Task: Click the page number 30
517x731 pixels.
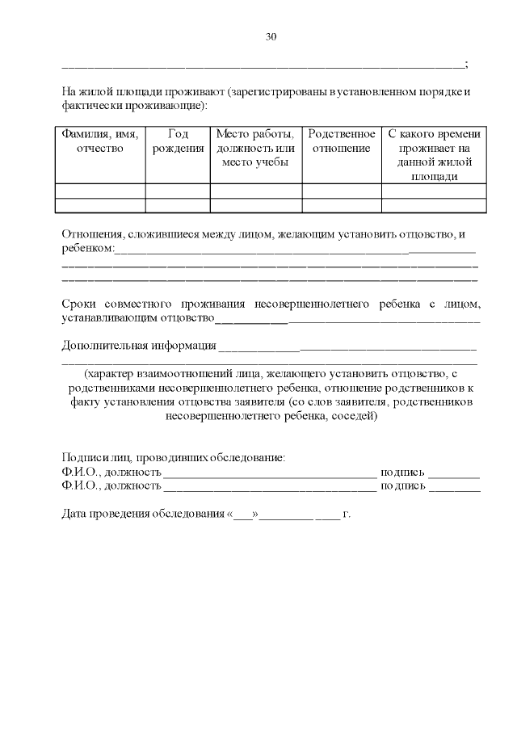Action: tap(271, 36)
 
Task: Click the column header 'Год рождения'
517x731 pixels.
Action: tap(178, 141)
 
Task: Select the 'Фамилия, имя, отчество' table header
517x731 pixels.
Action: tap(100, 141)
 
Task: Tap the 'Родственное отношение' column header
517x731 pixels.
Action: tap(342, 141)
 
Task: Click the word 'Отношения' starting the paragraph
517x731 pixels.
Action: tap(89, 234)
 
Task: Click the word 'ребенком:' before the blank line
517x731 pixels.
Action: tap(88, 247)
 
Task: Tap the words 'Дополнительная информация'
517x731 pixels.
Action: tap(139, 347)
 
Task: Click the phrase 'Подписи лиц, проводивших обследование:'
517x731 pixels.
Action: tap(173, 458)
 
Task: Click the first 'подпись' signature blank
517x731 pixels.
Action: tap(454, 472)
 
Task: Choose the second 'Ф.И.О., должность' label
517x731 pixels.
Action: tap(111, 485)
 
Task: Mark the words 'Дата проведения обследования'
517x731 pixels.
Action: tap(143, 514)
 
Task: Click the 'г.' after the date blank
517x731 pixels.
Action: tap(347, 514)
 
